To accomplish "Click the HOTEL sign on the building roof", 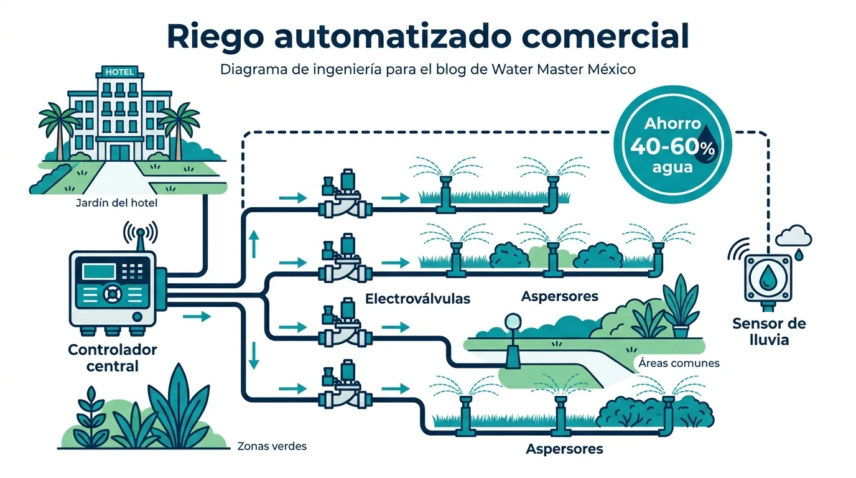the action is pyautogui.click(x=119, y=72).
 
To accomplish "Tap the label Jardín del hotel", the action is pyautogui.click(x=116, y=203).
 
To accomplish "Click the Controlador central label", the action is pyautogui.click(x=113, y=358).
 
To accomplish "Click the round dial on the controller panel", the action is pyautogui.click(x=113, y=294).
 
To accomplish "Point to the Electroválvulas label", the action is pyautogui.click(x=417, y=299).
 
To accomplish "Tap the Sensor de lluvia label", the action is pyautogui.click(x=769, y=332).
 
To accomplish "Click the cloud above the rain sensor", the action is pyautogui.click(x=794, y=235).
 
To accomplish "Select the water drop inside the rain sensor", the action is pyautogui.click(x=767, y=278).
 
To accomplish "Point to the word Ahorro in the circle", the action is pyautogui.click(x=672, y=123).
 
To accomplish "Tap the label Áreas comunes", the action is pyautogui.click(x=679, y=363).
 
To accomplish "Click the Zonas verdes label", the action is pyautogui.click(x=272, y=446).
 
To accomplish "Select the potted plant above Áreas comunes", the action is pyautogui.click(x=681, y=306).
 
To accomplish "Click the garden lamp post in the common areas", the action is pyautogui.click(x=513, y=341).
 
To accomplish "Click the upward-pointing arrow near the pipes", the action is pyautogui.click(x=254, y=243).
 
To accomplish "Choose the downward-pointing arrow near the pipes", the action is pyautogui.click(x=254, y=355).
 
